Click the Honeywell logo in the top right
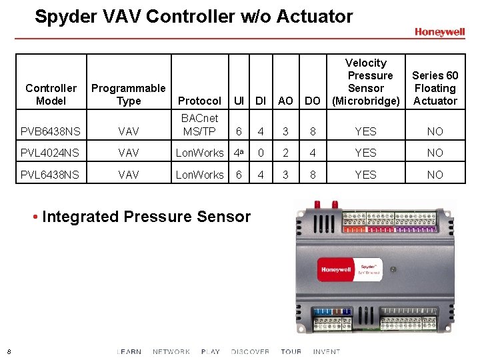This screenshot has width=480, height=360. click(x=439, y=32)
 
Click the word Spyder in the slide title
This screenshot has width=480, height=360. click(x=64, y=16)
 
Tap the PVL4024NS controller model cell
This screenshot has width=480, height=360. click(x=50, y=153)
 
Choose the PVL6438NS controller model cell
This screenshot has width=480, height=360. click(x=50, y=175)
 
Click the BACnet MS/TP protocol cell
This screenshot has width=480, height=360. click(x=199, y=125)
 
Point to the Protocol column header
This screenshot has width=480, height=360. click(x=199, y=101)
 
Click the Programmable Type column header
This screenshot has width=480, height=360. click(x=129, y=94)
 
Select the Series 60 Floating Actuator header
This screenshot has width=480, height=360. click(x=435, y=88)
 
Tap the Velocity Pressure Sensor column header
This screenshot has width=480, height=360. click(x=366, y=82)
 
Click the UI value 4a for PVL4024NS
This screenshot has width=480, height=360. click(x=238, y=153)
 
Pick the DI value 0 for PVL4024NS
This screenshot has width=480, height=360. click(x=261, y=153)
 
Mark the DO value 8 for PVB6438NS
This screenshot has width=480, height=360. click(x=312, y=131)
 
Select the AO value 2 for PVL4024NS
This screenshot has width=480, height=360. click(x=285, y=153)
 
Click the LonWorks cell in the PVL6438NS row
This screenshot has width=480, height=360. click(x=199, y=175)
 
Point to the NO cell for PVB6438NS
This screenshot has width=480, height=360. click(x=435, y=131)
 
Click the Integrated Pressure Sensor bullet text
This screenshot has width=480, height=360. click(x=146, y=217)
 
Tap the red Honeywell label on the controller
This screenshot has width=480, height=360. click(x=337, y=270)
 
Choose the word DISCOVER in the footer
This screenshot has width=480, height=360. click(x=250, y=351)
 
